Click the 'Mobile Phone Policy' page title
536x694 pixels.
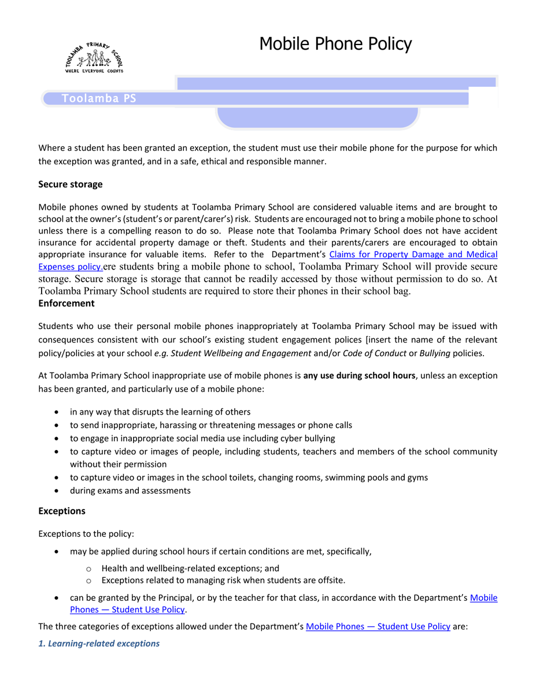335,44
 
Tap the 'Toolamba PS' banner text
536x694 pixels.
99,99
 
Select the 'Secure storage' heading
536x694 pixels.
70,184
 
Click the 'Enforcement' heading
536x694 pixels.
66,303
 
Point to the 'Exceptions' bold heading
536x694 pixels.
61,511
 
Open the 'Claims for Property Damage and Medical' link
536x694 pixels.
413,254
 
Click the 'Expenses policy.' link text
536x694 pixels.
70,267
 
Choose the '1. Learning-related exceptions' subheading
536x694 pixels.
99,644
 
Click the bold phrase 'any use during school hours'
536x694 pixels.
359,376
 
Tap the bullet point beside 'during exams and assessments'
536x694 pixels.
56,491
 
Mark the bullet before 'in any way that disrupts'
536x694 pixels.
56,412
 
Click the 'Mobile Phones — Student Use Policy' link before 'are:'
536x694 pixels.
378,626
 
